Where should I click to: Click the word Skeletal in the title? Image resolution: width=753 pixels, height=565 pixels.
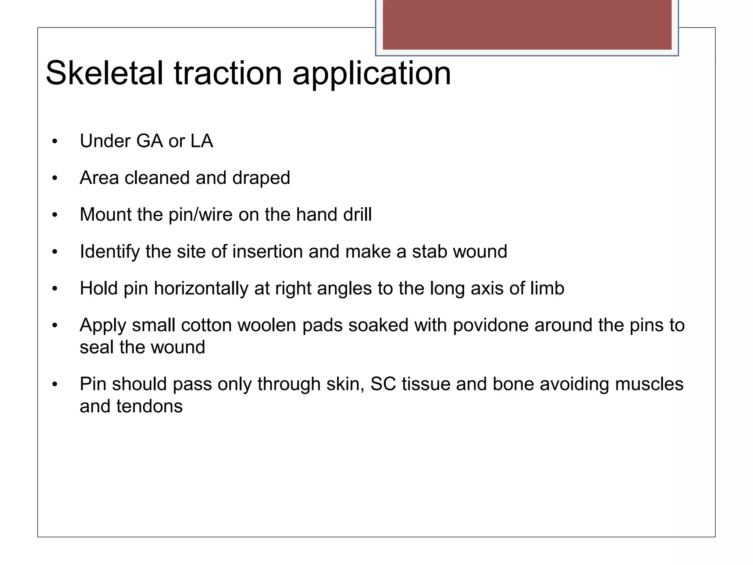pos(104,73)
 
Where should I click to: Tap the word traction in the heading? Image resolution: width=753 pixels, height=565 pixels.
pos(228,73)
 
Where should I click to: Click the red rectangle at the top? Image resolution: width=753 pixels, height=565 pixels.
pos(527,24)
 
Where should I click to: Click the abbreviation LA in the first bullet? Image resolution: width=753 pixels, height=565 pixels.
pos(201,141)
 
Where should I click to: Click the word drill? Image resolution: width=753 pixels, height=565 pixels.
pos(357,214)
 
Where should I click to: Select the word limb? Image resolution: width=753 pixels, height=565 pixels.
pos(547,288)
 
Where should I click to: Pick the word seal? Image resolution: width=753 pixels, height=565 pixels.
pos(96,347)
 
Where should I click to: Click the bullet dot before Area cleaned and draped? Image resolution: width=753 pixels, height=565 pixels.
pos(55,178)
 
